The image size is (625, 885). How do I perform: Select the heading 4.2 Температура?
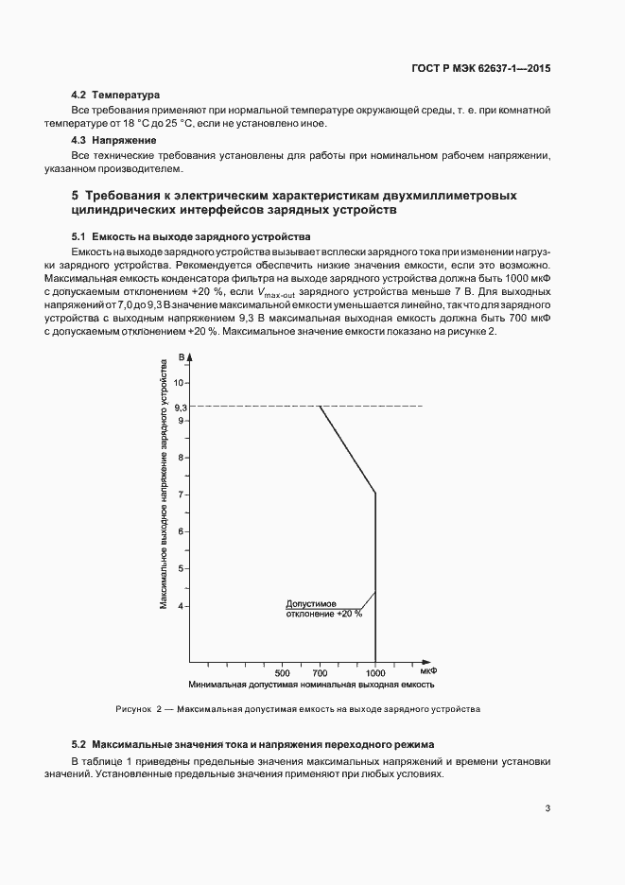click(x=116, y=95)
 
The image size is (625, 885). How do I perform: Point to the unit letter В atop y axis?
click(x=180, y=358)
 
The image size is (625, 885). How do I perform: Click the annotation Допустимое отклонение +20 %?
click(x=323, y=608)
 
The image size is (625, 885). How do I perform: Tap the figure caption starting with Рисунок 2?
click(x=298, y=709)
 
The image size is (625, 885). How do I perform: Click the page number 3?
click(x=547, y=807)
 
